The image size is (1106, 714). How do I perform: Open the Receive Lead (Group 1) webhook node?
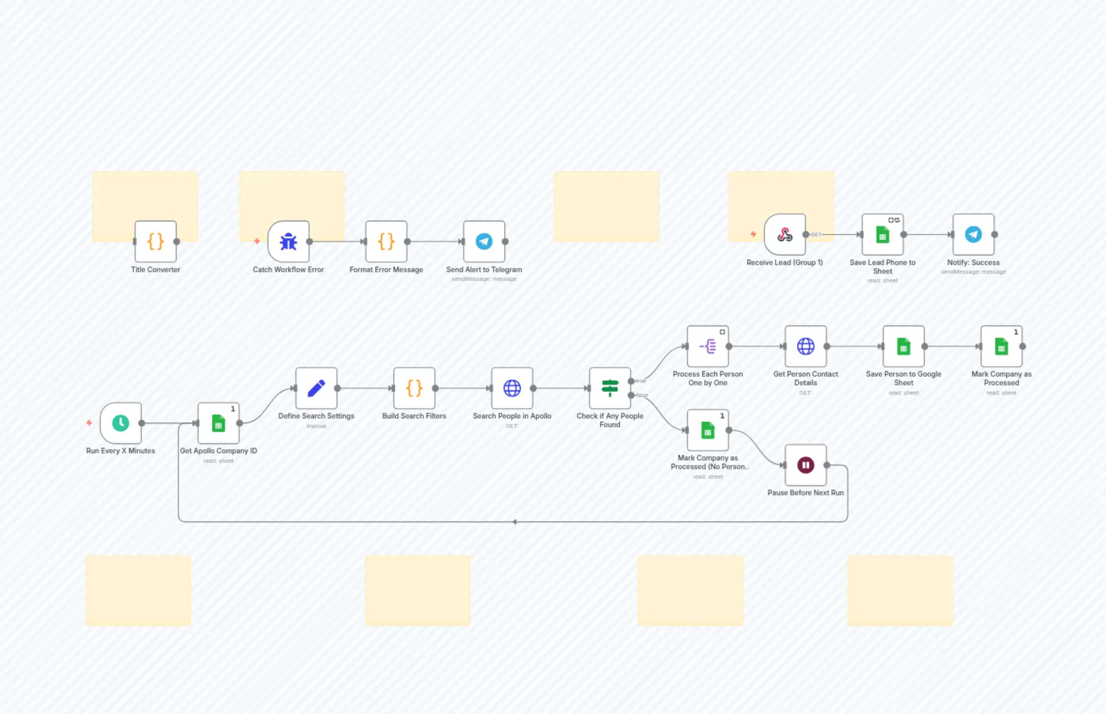pyautogui.click(x=785, y=235)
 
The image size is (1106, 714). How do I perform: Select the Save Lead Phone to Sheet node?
pyautogui.click(x=882, y=235)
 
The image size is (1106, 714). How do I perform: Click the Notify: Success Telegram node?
pyautogui.click(x=973, y=235)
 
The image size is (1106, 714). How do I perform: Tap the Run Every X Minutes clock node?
pyautogui.click(x=121, y=423)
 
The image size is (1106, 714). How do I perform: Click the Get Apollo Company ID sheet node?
pyautogui.click(x=219, y=423)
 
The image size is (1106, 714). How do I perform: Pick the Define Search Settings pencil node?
pyautogui.click(x=316, y=388)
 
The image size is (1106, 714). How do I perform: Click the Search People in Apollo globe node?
pyautogui.click(x=512, y=388)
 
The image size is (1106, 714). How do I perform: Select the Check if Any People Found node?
pyautogui.click(x=610, y=388)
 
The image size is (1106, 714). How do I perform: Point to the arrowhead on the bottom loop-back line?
pyautogui.click(x=515, y=522)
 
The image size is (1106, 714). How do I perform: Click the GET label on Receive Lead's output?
pyautogui.click(x=816, y=235)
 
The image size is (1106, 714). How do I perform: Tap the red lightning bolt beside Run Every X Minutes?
pyautogui.click(x=89, y=423)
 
